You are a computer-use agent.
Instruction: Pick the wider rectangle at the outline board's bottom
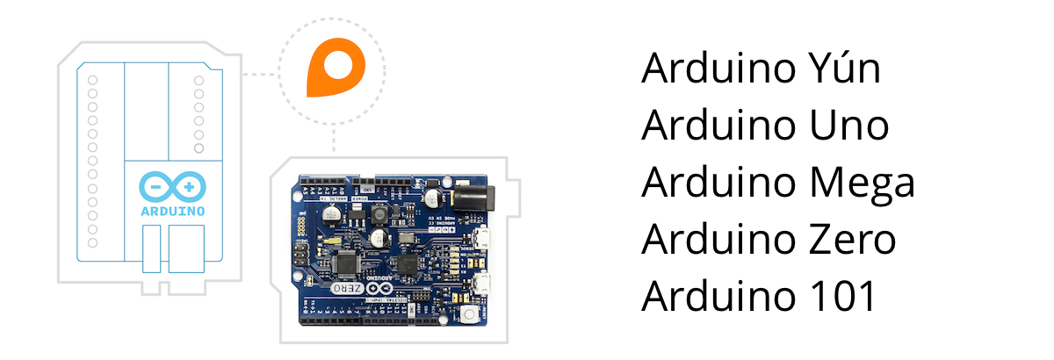click(x=186, y=247)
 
